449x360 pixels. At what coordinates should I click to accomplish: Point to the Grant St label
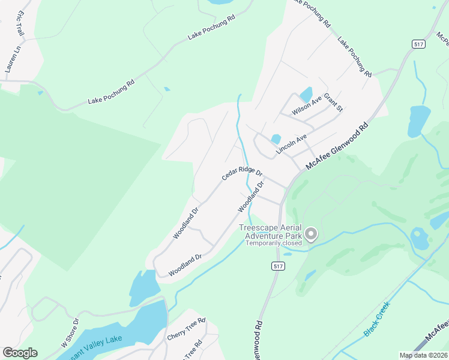(x=333, y=102)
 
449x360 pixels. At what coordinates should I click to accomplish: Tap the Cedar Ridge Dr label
(x=238, y=173)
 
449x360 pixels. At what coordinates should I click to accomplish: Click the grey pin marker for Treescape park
(x=311, y=233)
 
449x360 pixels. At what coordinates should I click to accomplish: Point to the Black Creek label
(x=377, y=318)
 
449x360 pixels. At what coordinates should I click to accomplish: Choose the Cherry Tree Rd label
(x=187, y=326)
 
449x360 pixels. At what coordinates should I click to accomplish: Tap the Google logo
(x=20, y=353)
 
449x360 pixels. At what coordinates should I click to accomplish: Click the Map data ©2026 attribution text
(x=423, y=355)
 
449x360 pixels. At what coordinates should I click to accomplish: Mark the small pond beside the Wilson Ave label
(x=306, y=94)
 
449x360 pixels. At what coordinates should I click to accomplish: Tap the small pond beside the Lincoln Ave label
(x=276, y=139)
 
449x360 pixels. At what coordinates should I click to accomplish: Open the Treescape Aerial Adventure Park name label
(x=272, y=232)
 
